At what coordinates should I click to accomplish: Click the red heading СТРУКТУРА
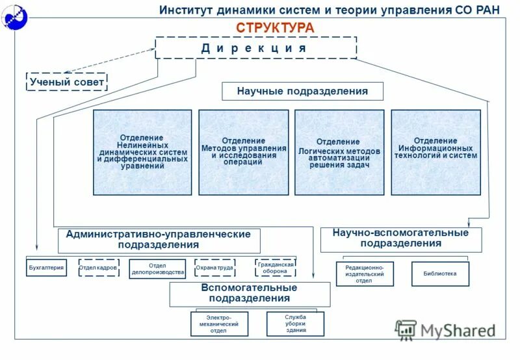(x=275, y=27)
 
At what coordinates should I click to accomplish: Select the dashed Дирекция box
(x=255, y=48)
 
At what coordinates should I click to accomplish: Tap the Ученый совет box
(x=66, y=82)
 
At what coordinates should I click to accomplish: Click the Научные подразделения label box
(x=302, y=92)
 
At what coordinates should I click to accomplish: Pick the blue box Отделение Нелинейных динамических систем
(x=142, y=152)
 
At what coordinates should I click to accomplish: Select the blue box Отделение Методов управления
(x=243, y=152)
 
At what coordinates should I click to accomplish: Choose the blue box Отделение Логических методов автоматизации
(x=339, y=152)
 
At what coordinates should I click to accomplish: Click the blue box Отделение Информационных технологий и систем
(x=435, y=152)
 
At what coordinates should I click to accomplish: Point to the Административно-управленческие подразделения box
(x=159, y=240)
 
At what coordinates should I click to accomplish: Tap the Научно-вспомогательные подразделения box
(x=401, y=239)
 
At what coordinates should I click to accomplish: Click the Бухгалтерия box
(x=46, y=268)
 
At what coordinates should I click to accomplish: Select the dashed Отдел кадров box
(x=99, y=268)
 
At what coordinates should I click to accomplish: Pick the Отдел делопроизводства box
(x=157, y=269)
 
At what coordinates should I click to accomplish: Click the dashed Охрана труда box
(x=214, y=268)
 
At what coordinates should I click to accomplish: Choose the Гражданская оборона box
(x=276, y=268)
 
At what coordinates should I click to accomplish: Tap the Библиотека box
(x=440, y=274)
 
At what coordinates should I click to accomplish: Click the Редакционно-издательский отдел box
(x=365, y=274)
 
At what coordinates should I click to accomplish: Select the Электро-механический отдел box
(x=219, y=324)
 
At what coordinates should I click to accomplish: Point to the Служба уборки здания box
(x=295, y=324)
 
